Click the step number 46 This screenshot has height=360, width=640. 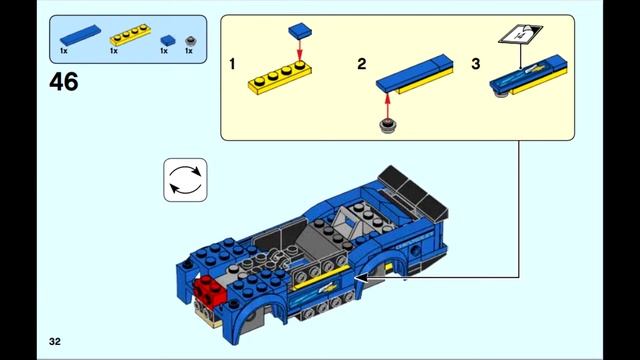[x=64, y=82]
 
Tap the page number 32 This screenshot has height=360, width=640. [x=55, y=341]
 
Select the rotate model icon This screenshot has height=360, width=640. [x=185, y=180]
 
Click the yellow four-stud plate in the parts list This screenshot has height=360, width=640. [x=130, y=34]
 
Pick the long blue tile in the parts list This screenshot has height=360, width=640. [x=80, y=35]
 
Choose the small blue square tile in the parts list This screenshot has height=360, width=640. [x=168, y=40]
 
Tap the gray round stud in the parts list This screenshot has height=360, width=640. [x=191, y=41]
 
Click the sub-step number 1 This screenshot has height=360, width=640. [x=232, y=64]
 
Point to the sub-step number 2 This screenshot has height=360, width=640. [x=362, y=64]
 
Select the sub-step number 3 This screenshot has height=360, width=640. [x=476, y=64]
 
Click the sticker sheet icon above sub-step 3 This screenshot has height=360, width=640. [x=520, y=33]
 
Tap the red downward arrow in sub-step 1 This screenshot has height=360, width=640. [x=300, y=50]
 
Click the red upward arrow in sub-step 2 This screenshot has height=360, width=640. [x=387, y=105]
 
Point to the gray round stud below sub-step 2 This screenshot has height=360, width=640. [x=388, y=126]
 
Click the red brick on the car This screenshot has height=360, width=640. [x=209, y=290]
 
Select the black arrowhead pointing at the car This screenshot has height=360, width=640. [x=361, y=278]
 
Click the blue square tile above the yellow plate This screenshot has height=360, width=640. [x=300, y=31]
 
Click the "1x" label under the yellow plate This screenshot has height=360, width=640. [x=113, y=51]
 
